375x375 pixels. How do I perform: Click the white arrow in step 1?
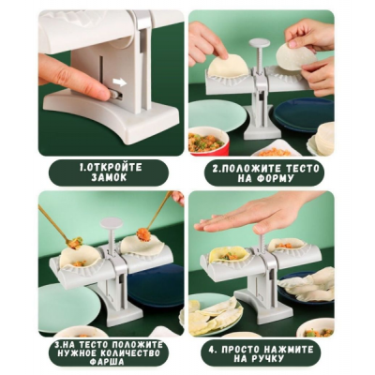pyautogui.click(x=119, y=82)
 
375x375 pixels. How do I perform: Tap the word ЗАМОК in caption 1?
pyautogui.click(x=109, y=177)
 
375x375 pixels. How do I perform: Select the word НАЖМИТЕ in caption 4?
pyautogui.click(x=287, y=350)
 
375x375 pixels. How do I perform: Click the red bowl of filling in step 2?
pyautogui.click(x=208, y=141)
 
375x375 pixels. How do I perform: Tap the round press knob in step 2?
pyautogui.click(x=262, y=42)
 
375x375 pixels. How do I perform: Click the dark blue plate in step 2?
pyautogui.click(x=304, y=114)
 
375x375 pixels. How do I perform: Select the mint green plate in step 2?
pyautogui.click(x=213, y=114)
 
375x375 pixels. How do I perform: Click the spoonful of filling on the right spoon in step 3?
pyautogui.click(x=143, y=235)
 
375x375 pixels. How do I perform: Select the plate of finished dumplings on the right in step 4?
pyautogui.click(x=307, y=284)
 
